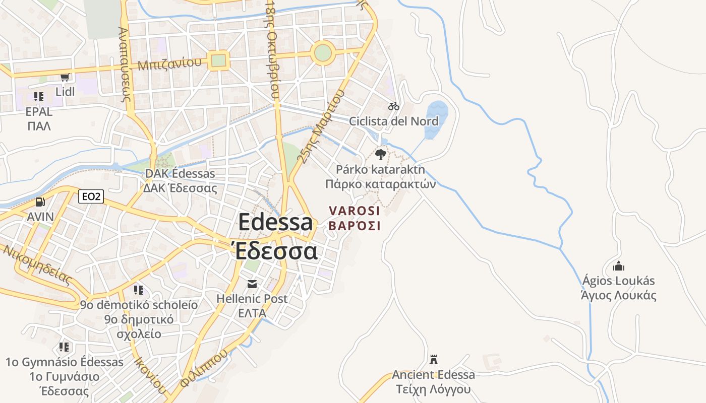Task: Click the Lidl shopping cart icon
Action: pos(65,77)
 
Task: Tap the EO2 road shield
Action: pos(91,196)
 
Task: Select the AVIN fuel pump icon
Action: pos(40,203)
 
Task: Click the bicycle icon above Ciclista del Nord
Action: pos(394,106)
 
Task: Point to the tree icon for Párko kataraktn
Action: pos(381,154)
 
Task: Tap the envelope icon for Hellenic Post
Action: pos(252,284)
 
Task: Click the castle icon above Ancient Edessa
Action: pos(433,360)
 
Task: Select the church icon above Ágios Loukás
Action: pos(618,266)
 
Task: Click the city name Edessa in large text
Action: pos(275,222)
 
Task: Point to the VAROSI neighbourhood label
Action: pos(355,211)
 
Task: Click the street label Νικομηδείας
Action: pos(37,264)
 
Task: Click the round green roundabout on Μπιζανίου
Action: pos(323,52)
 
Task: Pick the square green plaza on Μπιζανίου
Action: pos(218,60)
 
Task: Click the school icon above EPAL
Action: pos(39,96)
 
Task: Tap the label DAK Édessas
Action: pos(180,174)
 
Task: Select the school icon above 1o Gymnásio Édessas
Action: pos(64,347)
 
